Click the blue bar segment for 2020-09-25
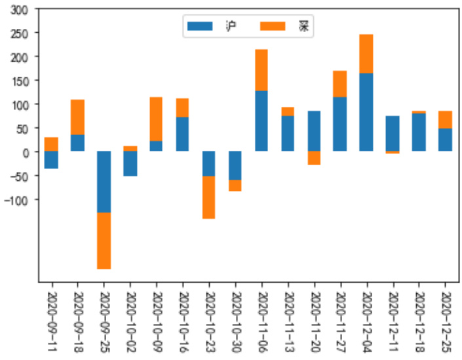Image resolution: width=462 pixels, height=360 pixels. click(104, 182)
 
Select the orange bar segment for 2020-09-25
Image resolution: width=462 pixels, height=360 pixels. click(104, 241)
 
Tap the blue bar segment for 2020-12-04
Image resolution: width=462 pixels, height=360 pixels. click(366, 112)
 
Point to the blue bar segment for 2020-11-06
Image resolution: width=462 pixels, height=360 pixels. click(261, 121)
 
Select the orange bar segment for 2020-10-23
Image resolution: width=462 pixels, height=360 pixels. click(208, 197)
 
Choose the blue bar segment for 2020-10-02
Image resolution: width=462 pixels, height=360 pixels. click(130, 163)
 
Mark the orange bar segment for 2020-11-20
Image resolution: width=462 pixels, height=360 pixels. click(314, 158)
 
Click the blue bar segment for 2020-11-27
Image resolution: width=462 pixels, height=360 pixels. click(340, 124)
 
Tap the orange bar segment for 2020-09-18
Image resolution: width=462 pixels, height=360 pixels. click(77, 117)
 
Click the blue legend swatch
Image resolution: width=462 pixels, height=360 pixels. click(200, 26)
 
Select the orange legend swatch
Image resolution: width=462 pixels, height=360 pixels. click(273, 26)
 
